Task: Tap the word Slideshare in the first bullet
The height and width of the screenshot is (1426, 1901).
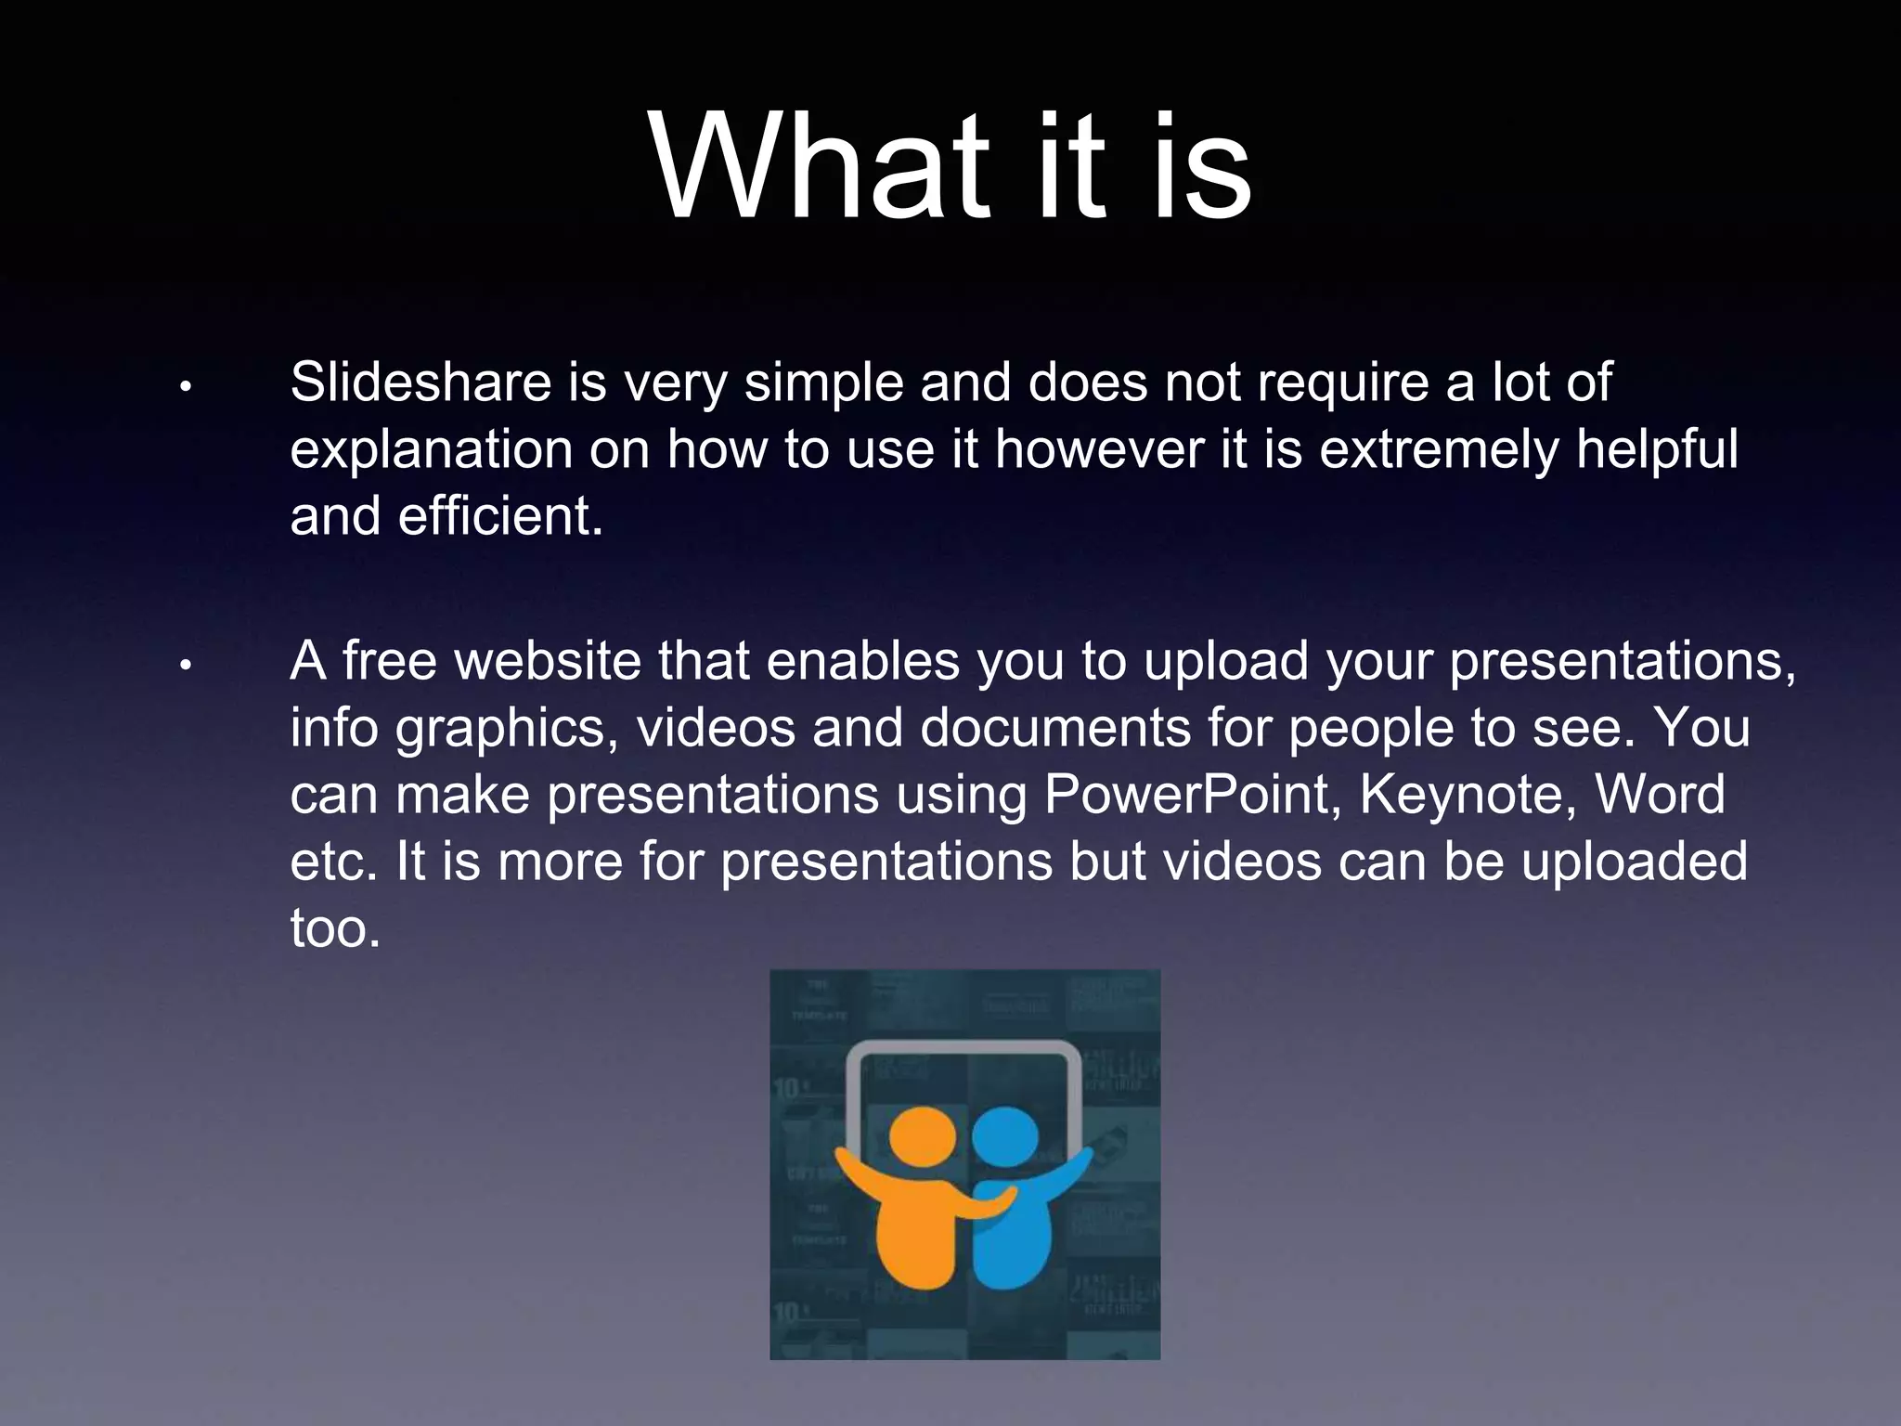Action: pos(420,382)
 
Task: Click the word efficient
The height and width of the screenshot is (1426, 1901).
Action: pos(500,516)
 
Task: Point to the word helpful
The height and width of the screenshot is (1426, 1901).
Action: pos(1657,449)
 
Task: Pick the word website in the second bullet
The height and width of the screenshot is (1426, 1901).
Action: pos(548,661)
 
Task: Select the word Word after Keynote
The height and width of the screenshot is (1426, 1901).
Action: pos(1660,795)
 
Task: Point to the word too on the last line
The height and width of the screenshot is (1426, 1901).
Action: pos(335,927)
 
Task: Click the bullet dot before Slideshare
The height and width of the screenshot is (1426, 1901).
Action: pos(186,385)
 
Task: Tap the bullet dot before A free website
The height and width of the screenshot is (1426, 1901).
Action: pos(186,665)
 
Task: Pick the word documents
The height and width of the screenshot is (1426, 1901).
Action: pos(1055,728)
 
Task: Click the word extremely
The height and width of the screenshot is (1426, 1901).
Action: pos(1440,449)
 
